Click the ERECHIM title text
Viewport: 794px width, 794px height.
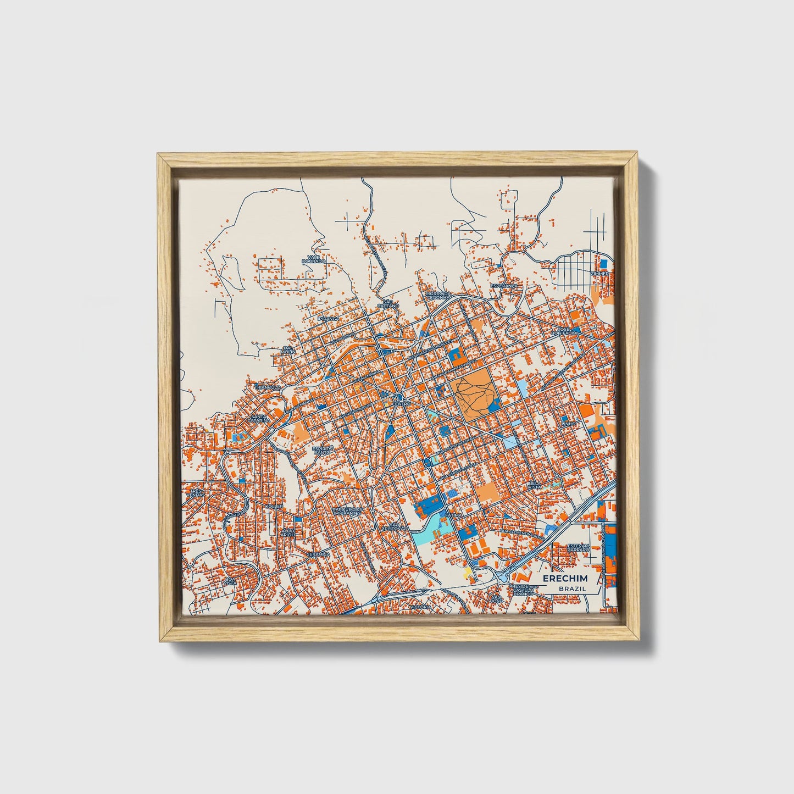click(565, 579)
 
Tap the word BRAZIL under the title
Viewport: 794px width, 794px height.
click(572, 588)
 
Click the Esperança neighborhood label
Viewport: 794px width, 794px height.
click(504, 286)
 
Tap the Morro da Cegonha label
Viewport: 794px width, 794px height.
click(438, 296)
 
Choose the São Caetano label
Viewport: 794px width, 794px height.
click(388, 303)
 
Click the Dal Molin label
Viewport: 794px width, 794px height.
click(288, 349)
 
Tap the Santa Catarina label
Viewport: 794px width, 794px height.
click(259, 419)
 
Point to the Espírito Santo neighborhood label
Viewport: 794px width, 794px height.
click(323, 450)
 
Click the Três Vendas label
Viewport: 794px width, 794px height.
click(195, 492)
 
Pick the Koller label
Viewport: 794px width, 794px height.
click(274, 506)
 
